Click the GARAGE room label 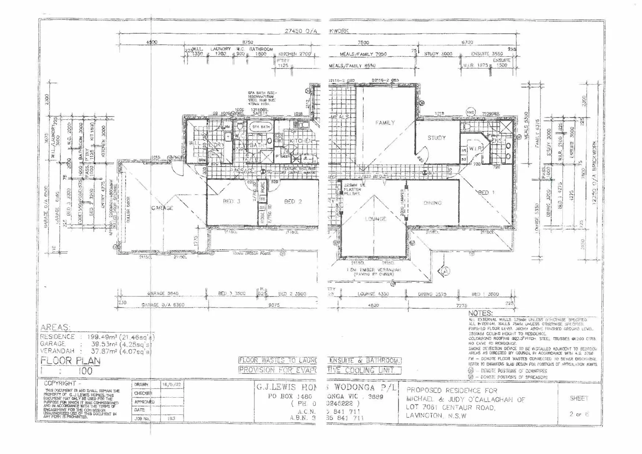tap(162, 208)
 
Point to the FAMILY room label tap(385, 123)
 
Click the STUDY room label tap(436, 137)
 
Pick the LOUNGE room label tap(375, 219)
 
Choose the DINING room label tap(433, 203)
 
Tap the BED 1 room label tap(484, 193)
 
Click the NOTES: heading tap(480, 314)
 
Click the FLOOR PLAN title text tap(70, 361)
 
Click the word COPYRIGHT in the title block tap(60, 383)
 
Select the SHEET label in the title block tap(579, 398)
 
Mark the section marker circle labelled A tap(445, 272)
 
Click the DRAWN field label tap(141, 385)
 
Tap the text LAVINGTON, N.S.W tap(436, 416)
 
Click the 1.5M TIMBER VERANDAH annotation tap(373, 269)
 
